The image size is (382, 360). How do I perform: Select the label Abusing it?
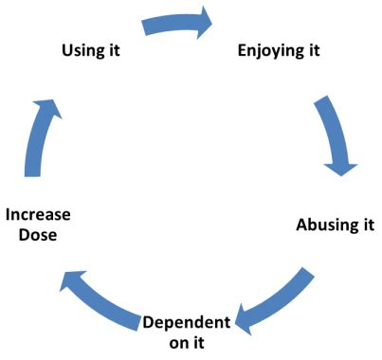tap(335, 225)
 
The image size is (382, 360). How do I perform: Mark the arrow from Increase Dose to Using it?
tap(37, 128)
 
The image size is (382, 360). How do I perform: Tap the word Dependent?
tap(187, 321)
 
